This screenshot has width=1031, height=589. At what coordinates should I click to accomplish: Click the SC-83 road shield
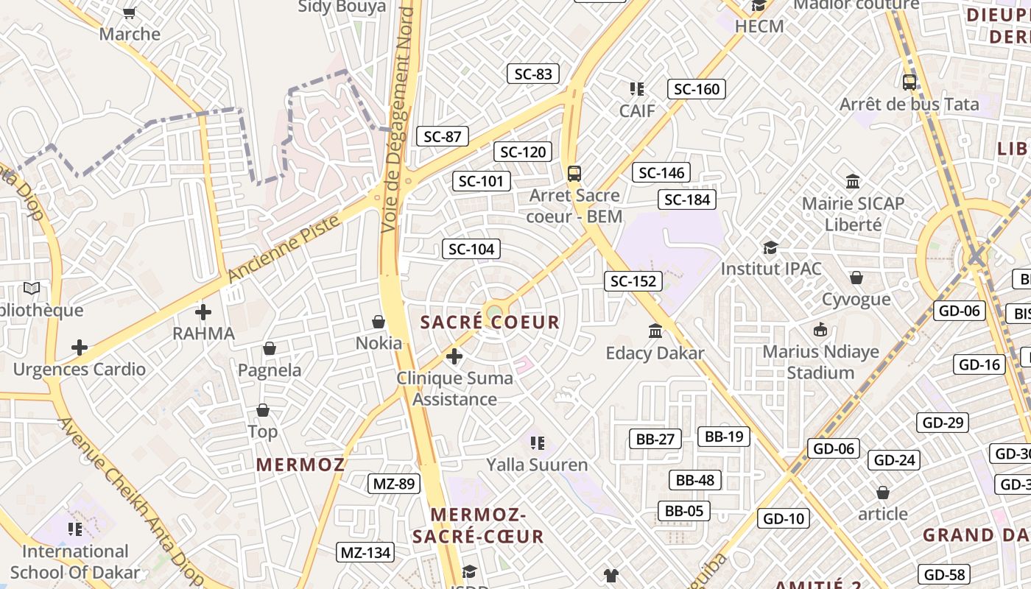[533, 74]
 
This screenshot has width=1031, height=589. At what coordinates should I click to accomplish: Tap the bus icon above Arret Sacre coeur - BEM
[574, 174]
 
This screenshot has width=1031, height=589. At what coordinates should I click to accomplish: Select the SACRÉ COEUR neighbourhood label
[490, 322]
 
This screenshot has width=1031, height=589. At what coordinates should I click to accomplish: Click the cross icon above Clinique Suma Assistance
[454, 357]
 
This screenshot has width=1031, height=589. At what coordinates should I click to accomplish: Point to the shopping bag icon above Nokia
[379, 322]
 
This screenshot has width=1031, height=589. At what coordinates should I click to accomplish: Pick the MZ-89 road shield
[394, 484]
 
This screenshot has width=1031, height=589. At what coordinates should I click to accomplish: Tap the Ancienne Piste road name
[285, 249]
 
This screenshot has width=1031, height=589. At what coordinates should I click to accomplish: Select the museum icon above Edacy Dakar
[655, 331]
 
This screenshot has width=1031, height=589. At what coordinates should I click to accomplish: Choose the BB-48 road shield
[695, 480]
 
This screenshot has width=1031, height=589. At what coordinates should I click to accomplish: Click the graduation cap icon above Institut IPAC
[770, 247]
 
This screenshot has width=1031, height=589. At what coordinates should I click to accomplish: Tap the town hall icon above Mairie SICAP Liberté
[853, 181]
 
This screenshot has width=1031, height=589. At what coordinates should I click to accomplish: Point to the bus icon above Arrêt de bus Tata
[909, 82]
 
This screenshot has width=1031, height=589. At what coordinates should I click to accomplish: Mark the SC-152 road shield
[633, 281]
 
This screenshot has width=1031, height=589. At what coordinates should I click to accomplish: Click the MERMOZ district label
[300, 465]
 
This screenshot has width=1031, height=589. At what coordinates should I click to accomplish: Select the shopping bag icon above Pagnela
[270, 348]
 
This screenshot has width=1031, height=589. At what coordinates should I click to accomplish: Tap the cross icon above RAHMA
[203, 311]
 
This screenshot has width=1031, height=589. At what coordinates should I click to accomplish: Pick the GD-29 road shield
[942, 422]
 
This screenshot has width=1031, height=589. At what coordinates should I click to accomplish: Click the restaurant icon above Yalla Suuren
[537, 442]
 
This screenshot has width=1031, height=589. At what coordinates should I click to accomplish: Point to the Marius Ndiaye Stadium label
[820, 361]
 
